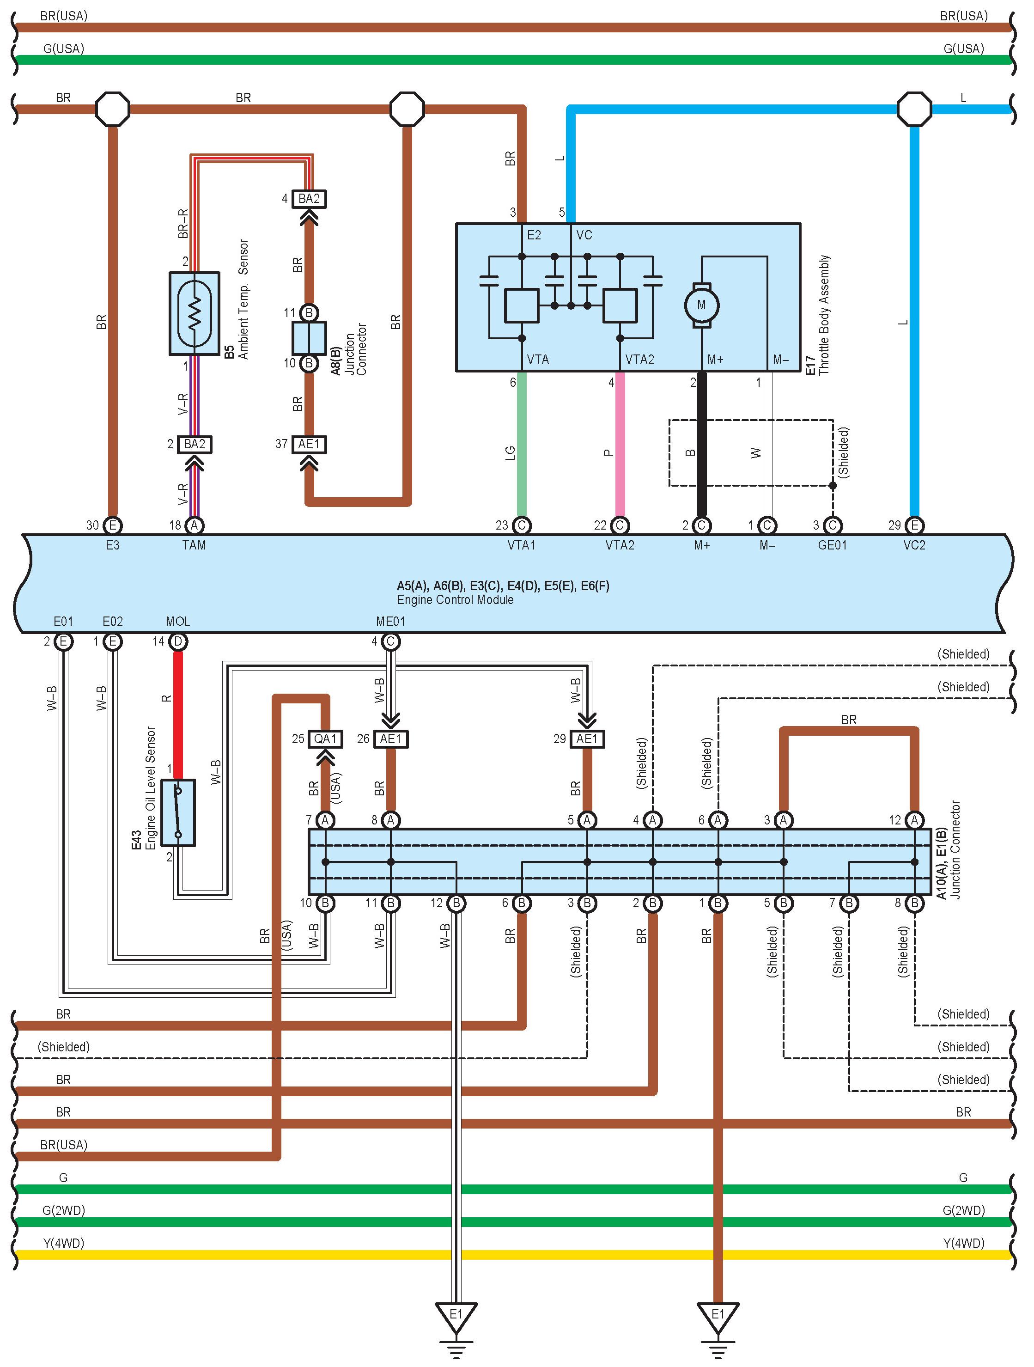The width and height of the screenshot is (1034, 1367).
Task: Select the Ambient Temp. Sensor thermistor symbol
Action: point(195,313)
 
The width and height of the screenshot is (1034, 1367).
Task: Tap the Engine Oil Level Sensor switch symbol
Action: point(178,812)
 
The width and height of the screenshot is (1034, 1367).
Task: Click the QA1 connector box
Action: point(326,738)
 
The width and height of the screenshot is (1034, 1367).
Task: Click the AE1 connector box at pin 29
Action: point(587,738)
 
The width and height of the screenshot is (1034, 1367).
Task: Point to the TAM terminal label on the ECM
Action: point(194,545)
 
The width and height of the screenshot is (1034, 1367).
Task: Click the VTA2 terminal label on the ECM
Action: point(620,545)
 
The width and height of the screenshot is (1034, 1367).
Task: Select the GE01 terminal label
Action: point(832,545)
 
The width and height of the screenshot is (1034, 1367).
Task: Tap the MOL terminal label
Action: point(178,621)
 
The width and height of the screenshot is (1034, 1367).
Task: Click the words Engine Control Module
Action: point(455,599)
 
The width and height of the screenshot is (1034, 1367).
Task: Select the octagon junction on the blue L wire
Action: point(914,110)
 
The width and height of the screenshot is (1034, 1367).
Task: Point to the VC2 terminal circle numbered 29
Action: point(914,525)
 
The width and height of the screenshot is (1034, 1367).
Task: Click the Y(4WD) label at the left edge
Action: point(64,1243)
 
